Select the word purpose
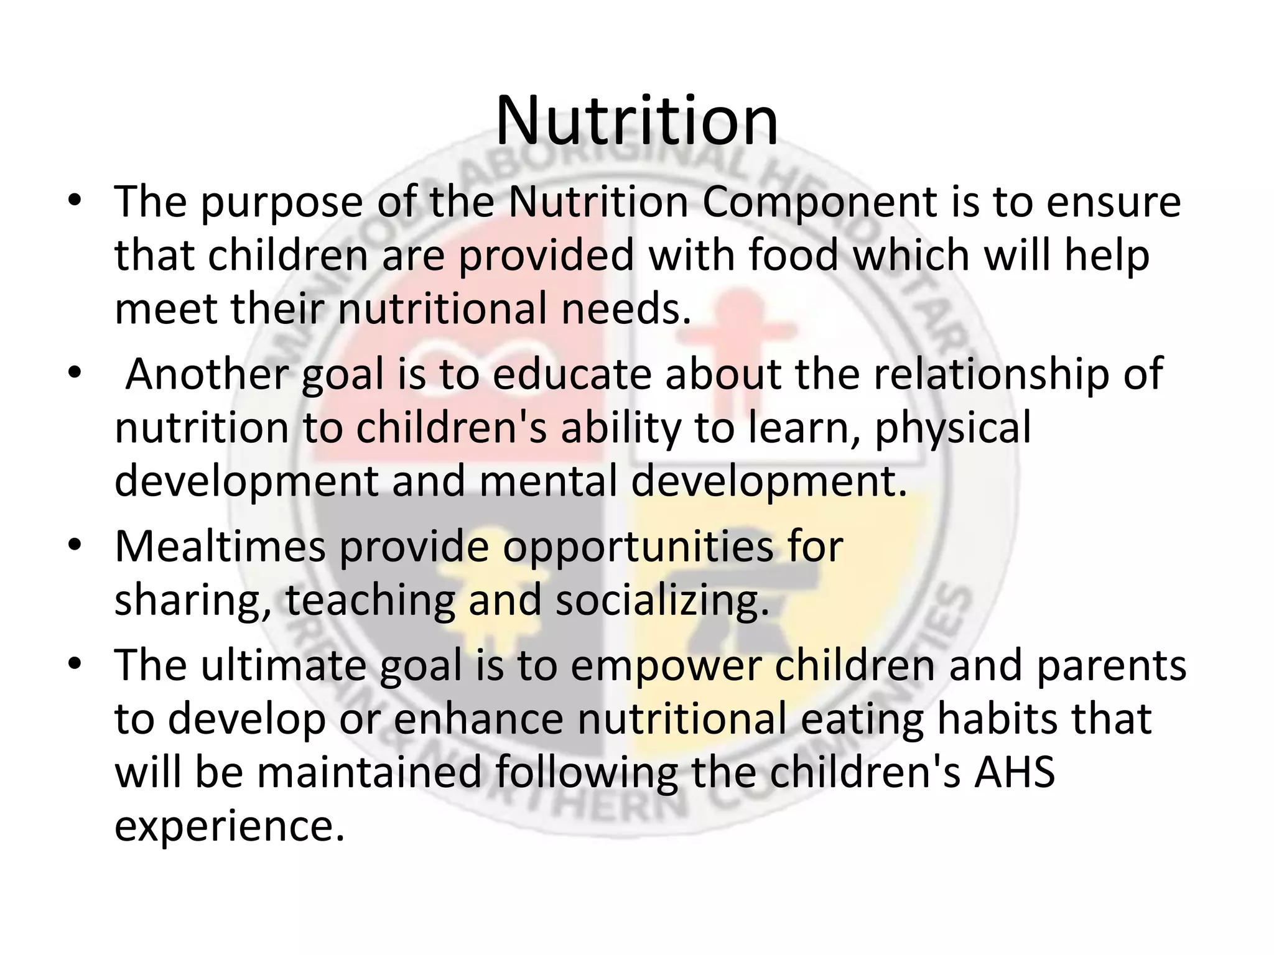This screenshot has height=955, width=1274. click(281, 204)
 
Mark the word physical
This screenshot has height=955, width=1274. click(953, 429)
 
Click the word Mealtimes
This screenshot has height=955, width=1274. click(220, 547)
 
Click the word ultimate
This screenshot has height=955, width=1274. click(283, 665)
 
